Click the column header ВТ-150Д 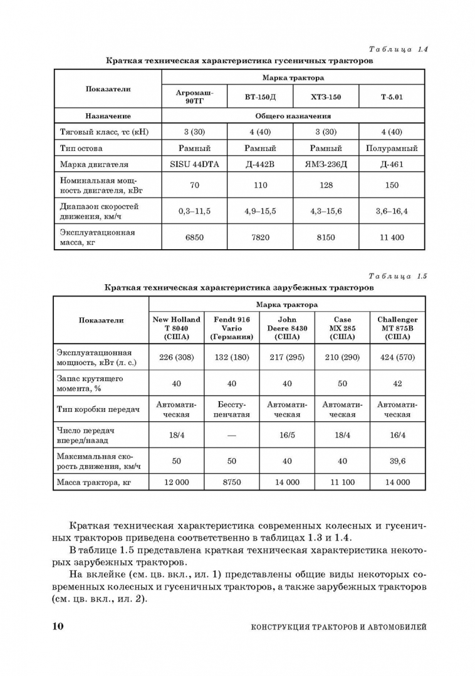(260, 97)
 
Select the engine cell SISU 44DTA (194, 165)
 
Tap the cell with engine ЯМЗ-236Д (326, 165)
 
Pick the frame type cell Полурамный (392, 148)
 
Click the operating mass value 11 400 (392, 237)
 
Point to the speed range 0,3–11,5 (194, 211)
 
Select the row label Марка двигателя (94, 165)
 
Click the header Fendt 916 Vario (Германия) (232, 328)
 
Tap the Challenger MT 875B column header (397, 328)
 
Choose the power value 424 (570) (397, 357)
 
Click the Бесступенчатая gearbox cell (232, 409)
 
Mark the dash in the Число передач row (232, 435)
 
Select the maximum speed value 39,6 (397, 461)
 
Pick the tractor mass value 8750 (232, 482)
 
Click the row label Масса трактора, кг (93, 482)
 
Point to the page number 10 (55, 626)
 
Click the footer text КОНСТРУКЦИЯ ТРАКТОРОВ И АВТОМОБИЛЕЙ (338, 627)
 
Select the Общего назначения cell (293, 116)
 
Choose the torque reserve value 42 (397, 384)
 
